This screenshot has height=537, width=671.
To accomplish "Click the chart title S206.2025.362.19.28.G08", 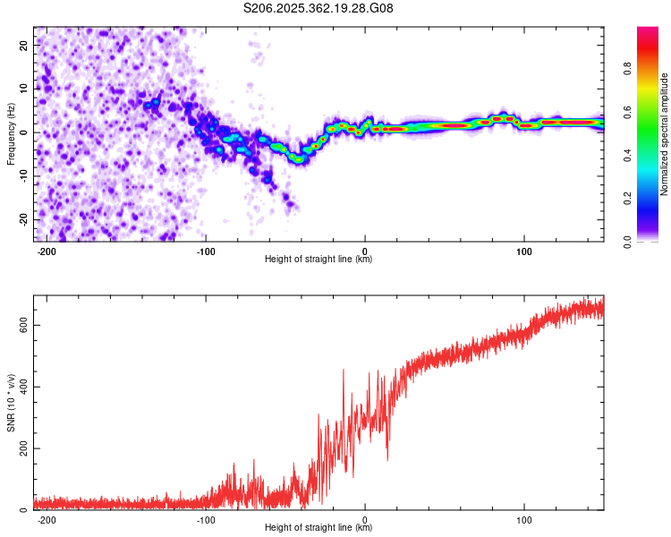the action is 318,8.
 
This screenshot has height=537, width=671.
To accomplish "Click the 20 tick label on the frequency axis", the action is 24,46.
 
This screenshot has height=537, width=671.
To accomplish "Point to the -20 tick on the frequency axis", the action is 24,219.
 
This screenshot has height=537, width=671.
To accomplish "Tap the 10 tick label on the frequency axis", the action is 24,89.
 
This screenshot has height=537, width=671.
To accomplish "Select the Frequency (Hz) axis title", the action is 11,133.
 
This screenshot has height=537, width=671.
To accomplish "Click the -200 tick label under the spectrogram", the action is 47,251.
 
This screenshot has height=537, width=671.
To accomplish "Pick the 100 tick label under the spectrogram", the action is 523,251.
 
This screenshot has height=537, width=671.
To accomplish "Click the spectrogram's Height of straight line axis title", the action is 319,259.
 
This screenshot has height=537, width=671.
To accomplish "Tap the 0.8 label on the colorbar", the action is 627,69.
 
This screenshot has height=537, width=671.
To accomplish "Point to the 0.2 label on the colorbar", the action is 627,199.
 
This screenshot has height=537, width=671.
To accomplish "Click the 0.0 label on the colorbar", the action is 627,242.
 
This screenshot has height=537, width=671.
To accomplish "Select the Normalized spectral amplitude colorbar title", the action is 664,134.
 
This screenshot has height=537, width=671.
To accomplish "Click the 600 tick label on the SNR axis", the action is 24,326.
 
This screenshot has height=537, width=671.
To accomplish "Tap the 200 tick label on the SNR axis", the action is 24,448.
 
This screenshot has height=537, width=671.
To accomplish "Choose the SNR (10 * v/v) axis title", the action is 11,403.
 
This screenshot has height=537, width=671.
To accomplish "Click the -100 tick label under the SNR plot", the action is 206,520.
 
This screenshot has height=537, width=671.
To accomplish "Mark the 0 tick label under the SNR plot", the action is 365,520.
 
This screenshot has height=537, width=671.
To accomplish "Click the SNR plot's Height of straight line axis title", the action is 319,527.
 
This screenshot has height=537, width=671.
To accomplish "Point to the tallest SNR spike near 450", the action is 344,370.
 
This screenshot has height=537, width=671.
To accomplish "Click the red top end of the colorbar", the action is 648,29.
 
